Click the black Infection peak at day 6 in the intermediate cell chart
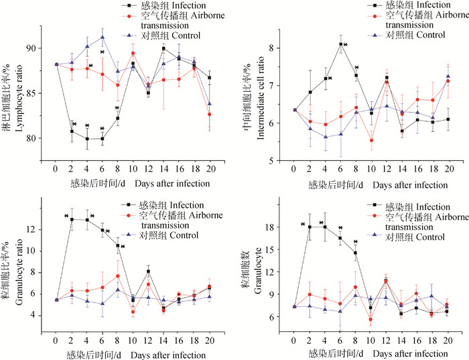(341, 44)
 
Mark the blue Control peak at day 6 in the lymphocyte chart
(102, 37)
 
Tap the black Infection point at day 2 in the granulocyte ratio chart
(72, 219)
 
